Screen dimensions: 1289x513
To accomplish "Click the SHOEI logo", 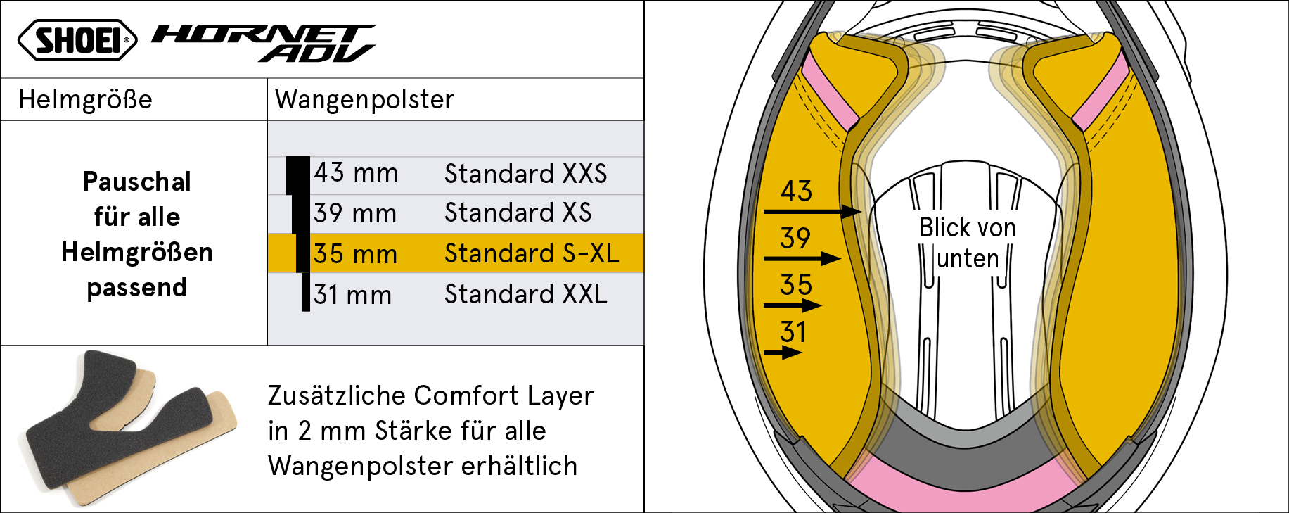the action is click(77, 40).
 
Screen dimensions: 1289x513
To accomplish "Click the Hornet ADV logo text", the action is click(264, 44).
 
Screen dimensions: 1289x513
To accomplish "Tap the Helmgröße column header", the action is click(85, 100).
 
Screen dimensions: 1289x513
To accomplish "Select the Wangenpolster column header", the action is click(364, 100).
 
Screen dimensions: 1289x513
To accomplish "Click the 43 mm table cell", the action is click(356, 173).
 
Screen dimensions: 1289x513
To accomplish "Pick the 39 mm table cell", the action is click(355, 213).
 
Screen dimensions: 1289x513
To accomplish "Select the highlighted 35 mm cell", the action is click(355, 254).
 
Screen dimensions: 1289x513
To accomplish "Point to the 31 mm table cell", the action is click(352, 295).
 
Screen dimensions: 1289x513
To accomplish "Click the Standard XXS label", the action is click(525, 174).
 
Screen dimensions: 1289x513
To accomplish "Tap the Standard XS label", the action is click(518, 213).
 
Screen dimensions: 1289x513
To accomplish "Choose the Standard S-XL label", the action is click(532, 253).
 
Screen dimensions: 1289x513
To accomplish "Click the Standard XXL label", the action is click(525, 294).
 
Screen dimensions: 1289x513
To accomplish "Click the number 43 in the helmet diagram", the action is click(796, 191).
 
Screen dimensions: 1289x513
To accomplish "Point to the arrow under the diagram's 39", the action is click(802, 259).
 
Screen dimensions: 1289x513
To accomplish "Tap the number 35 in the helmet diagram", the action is click(796, 285).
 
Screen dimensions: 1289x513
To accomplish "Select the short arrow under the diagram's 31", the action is click(783, 353).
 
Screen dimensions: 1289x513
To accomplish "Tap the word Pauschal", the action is click(137, 182).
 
